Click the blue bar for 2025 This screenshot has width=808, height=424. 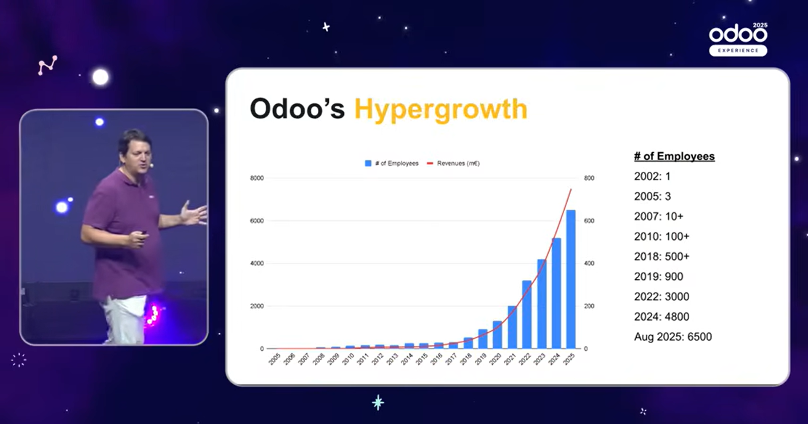pyautogui.click(x=571, y=279)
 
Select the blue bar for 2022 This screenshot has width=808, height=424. pyautogui.click(x=526, y=315)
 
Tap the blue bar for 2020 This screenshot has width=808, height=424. pyautogui.click(x=497, y=335)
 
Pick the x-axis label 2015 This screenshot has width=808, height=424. pyautogui.click(x=422, y=359)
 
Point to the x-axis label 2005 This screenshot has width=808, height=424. pyautogui.click(x=274, y=359)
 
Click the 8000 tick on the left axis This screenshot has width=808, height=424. pyautogui.click(x=257, y=178)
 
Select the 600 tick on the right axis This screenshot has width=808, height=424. pyautogui.click(x=589, y=220)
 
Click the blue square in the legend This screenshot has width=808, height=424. pyautogui.click(x=368, y=163)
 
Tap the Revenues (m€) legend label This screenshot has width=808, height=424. pyautogui.click(x=458, y=163)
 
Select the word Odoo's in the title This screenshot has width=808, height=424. pyautogui.click(x=297, y=109)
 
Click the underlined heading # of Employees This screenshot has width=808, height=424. pyautogui.click(x=674, y=156)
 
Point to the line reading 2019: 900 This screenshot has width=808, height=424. pyautogui.click(x=659, y=276)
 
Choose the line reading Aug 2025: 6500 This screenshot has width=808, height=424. pyautogui.click(x=673, y=337)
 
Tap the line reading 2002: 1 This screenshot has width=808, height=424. pyautogui.click(x=652, y=176)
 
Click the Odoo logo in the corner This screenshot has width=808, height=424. pyautogui.click(x=738, y=33)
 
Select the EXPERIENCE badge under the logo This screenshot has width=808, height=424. pyautogui.click(x=738, y=50)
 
